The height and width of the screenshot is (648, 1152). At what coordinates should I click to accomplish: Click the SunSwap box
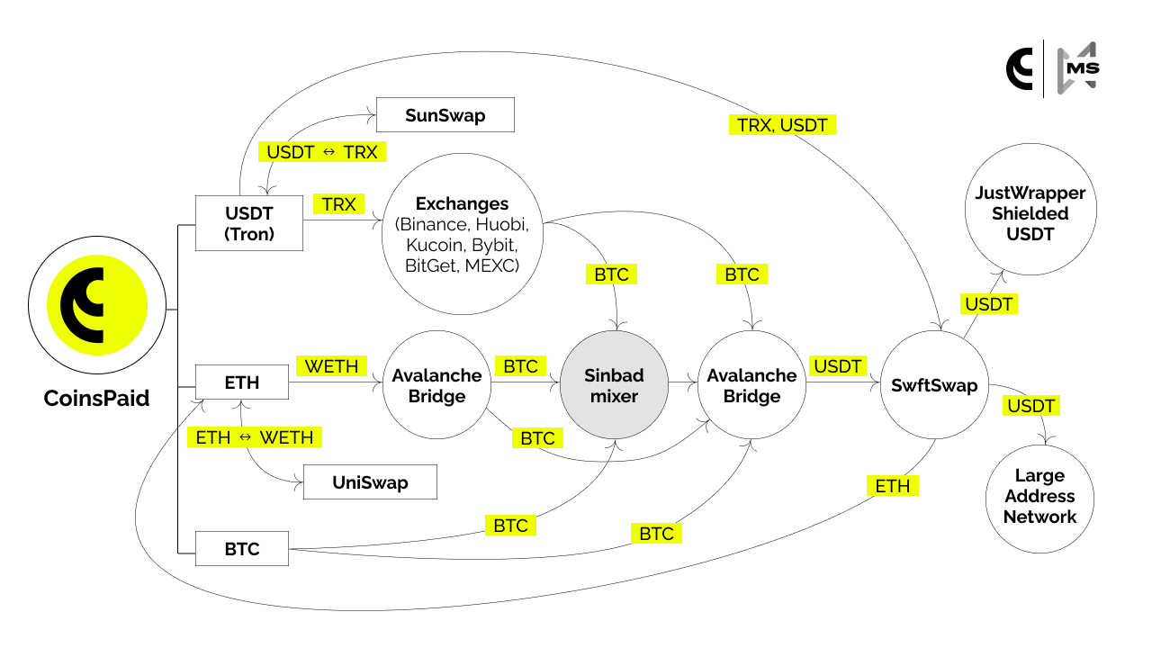[445, 115]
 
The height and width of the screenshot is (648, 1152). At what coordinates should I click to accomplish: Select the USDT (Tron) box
[249, 224]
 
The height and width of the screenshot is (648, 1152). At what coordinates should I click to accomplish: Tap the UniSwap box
[370, 482]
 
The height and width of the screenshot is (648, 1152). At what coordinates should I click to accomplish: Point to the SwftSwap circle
[934, 385]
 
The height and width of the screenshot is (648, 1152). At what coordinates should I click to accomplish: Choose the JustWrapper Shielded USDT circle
[1030, 214]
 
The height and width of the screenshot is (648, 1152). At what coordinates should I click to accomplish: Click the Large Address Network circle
[1040, 496]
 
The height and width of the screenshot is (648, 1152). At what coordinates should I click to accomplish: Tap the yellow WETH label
[331, 366]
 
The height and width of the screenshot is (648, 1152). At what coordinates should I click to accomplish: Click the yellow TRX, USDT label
[782, 125]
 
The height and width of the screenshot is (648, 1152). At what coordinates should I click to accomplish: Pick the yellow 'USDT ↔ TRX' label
[321, 152]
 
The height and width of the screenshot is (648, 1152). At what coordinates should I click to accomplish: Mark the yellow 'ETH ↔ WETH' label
[255, 437]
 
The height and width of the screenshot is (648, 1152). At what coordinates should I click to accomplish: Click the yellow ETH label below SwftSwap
[893, 486]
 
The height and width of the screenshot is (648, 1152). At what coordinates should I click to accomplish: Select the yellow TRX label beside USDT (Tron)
[338, 204]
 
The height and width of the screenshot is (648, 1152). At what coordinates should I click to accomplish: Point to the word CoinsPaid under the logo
[96, 399]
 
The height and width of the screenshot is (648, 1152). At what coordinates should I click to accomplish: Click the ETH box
[242, 382]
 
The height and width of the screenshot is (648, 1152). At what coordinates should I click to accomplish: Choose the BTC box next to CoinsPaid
[242, 548]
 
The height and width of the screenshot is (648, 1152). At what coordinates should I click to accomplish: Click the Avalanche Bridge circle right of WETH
[437, 385]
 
